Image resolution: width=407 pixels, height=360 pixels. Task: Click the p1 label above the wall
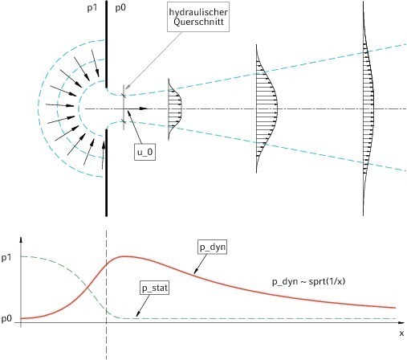point(92,8)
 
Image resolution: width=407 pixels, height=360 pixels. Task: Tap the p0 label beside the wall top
point(120,8)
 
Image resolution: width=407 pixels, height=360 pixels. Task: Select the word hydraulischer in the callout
point(198,12)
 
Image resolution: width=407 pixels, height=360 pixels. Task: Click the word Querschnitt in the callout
point(198,22)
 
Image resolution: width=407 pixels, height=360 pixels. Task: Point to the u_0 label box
point(144,152)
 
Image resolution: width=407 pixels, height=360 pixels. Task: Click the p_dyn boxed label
point(213,247)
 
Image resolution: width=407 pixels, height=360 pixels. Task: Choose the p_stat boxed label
point(155,288)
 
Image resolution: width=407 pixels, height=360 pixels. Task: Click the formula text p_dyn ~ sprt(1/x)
point(308,281)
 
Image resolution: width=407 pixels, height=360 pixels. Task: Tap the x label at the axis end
point(401,333)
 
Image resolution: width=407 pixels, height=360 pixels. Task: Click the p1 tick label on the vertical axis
point(6,258)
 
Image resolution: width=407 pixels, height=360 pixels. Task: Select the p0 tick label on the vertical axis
point(6,319)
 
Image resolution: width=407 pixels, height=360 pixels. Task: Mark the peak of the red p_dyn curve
point(124,256)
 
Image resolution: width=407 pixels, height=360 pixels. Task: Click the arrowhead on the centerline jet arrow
point(144,108)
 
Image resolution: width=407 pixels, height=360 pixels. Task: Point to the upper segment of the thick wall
point(107,44)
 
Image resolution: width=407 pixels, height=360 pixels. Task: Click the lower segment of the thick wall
point(107,173)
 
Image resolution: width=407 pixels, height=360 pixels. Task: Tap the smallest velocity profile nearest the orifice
point(175,109)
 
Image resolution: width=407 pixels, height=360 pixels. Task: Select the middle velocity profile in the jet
point(267,108)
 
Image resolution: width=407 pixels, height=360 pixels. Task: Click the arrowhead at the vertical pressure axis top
point(21,239)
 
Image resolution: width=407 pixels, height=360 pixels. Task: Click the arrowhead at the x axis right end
point(401,322)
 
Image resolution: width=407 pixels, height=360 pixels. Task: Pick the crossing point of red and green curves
point(88,288)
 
